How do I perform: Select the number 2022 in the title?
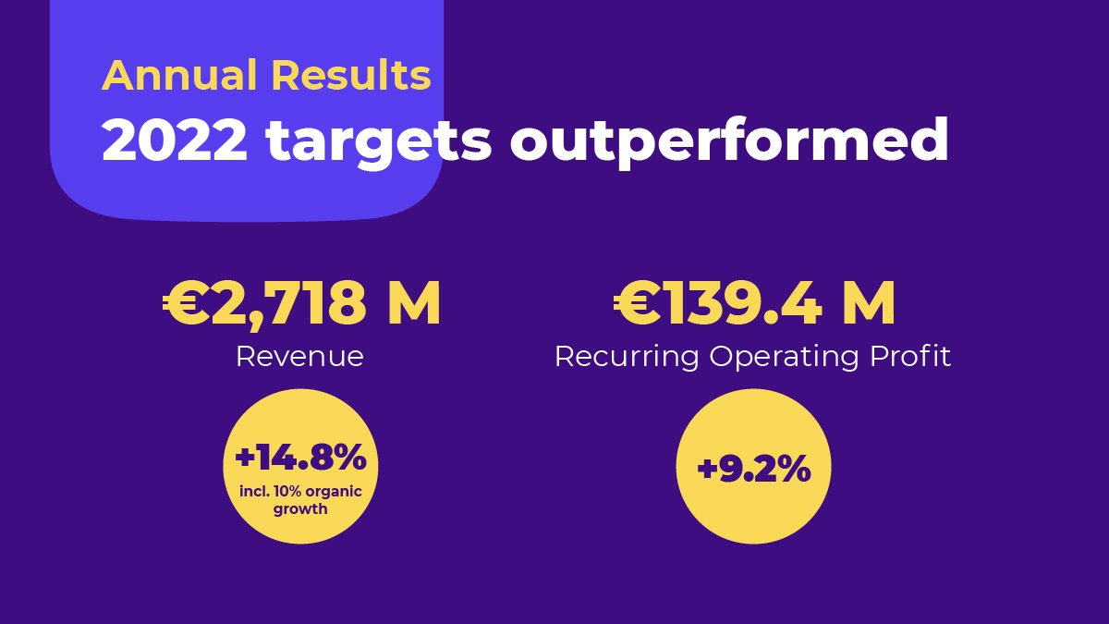click(x=175, y=141)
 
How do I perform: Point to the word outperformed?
click(x=729, y=141)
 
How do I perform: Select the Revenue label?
click(x=299, y=356)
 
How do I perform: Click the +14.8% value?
click(x=300, y=458)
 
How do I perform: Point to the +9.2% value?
click(x=753, y=470)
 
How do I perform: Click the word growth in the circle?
click(x=300, y=508)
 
